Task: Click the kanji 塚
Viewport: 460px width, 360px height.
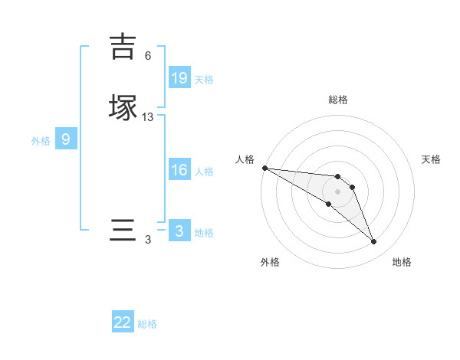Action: click(x=123, y=107)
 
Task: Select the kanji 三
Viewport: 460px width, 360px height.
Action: click(x=123, y=231)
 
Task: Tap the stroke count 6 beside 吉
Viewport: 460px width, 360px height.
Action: click(x=148, y=56)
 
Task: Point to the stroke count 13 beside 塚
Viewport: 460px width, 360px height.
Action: click(x=148, y=117)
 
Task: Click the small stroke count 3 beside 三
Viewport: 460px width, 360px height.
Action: click(x=148, y=240)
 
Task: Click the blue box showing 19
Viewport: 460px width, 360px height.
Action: click(x=179, y=77)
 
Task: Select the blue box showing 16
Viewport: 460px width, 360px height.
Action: click(x=179, y=170)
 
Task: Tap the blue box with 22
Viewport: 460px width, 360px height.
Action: click(x=123, y=322)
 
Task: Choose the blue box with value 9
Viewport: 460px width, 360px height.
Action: click(x=66, y=139)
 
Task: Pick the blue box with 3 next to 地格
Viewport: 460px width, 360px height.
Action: click(x=179, y=231)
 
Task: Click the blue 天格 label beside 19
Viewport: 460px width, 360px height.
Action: click(x=204, y=79)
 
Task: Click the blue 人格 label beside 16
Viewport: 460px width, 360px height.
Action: click(x=204, y=172)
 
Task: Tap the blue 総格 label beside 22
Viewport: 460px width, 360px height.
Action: click(x=147, y=324)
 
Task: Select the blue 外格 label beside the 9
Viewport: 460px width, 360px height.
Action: click(x=41, y=141)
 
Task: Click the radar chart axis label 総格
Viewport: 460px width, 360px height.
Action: click(x=338, y=100)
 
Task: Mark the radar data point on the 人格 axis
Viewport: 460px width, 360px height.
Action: click(x=264, y=168)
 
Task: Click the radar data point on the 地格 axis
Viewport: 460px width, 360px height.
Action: click(x=373, y=242)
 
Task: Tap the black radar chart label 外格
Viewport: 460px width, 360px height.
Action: click(x=270, y=263)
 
